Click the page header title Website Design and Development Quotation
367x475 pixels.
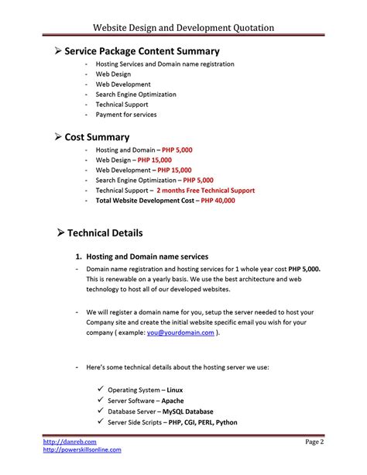pyautogui.click(x=183, y=28)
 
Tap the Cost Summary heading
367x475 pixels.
pyautogui.click(x=97, y=136)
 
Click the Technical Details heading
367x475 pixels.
pyautogui.click(x=105, y=232)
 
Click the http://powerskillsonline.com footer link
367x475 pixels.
pyautogui.click(x=82, y=449)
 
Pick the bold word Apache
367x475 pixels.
pyautogui.click(x=173, y=401)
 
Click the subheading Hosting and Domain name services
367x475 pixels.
pyautogui.click(x=147, y=256)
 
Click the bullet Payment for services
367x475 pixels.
pyautogui.click(x=125, y=115)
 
